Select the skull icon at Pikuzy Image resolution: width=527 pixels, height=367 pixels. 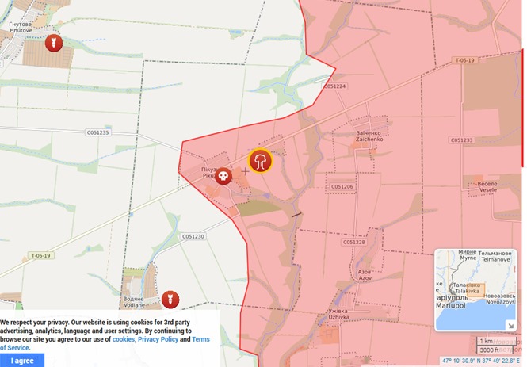(x=223, y=175)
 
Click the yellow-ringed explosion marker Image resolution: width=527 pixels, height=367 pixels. (x=261, y=161)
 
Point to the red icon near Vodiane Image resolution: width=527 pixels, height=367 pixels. (x=169, y=300)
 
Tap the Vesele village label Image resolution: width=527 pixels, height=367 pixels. (x=487, y=186)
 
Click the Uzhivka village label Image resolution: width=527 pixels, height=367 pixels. (x=338, y=315)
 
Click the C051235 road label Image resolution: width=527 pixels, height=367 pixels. (x=97, y=132)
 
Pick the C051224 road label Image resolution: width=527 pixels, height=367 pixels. (x=334, y=86)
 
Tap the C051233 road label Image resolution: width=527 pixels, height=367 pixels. (x=461, y=140)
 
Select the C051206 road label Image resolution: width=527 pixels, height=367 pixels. (x=342, y=187)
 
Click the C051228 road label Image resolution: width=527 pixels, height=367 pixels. (x=354, y=242)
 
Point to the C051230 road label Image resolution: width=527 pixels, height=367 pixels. (x=193, y=236)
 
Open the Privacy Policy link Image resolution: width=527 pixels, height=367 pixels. (x=158, y=339)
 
